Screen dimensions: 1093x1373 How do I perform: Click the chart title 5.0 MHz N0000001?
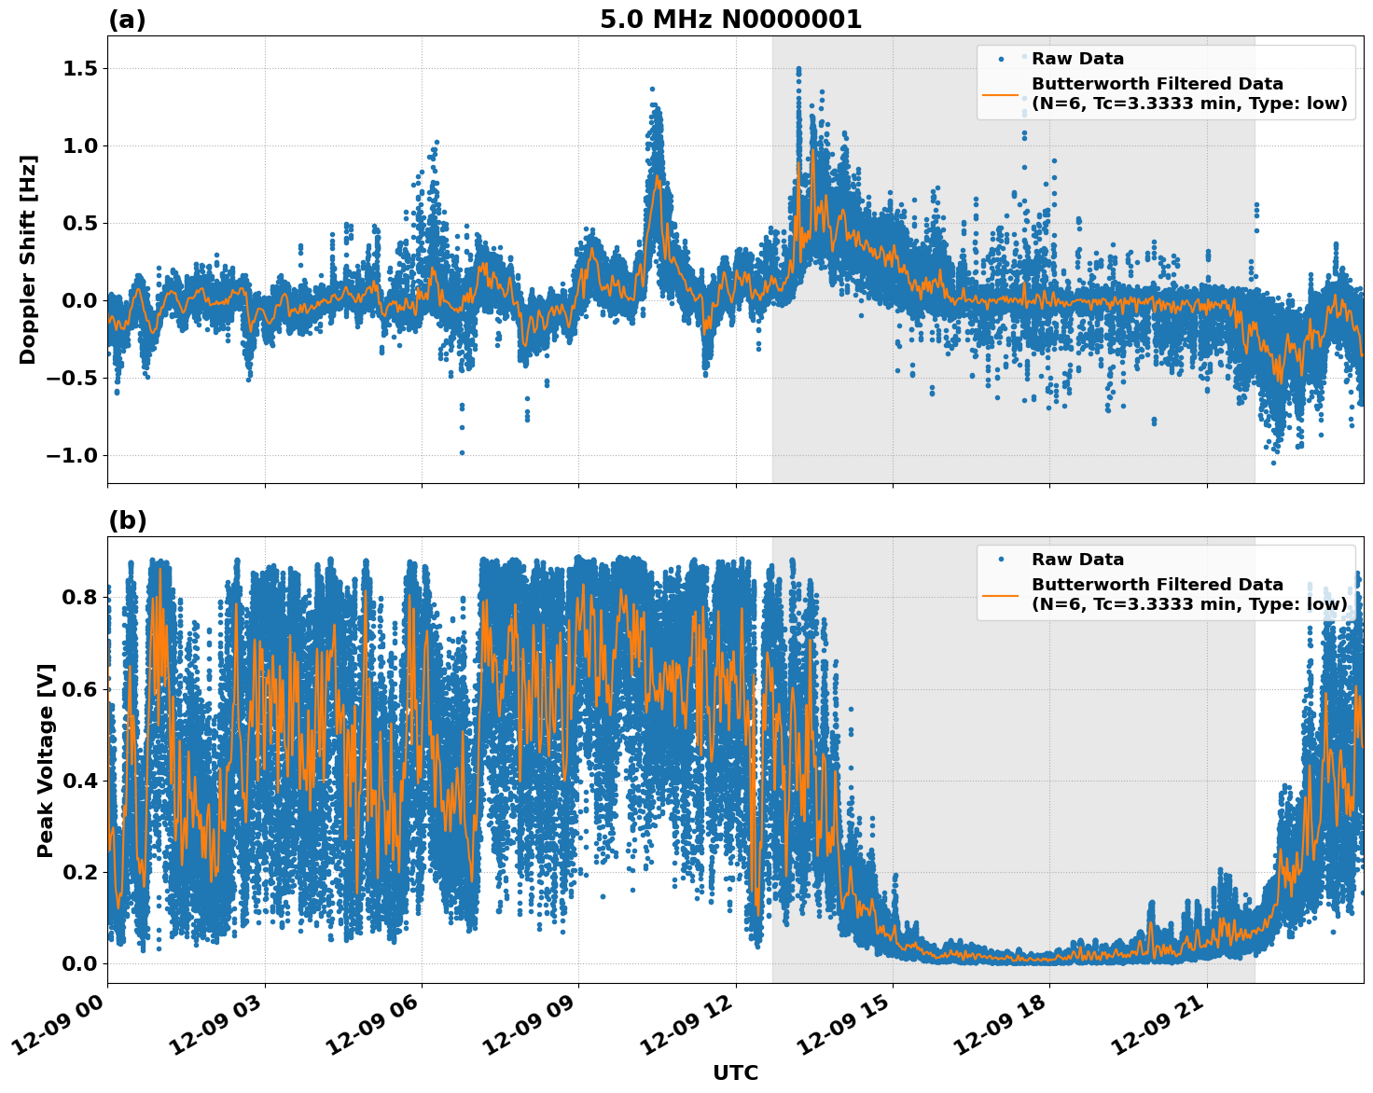pyautogui.click(x=730, y=20)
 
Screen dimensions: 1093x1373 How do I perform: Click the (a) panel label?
pyautogui.click(x=127, y=20)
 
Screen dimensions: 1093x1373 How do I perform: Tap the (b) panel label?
pyautogui.click(x=127, y=520)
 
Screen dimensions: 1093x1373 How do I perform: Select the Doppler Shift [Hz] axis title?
pyautogui.click(x=28, y=259)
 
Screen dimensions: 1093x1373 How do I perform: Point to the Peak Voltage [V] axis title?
pyautogui.click(x=46, y=760)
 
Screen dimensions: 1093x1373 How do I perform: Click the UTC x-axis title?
pyautogui.click(x=735, y=1072)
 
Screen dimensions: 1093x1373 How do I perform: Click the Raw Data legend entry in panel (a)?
pyautogui.click(x=1077, y=59)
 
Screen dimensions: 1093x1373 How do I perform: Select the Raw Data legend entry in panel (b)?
pyautogui.click(x=1077, y=560)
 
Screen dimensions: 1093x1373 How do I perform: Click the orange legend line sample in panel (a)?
pyautogui.click(x=1001, y=94)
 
